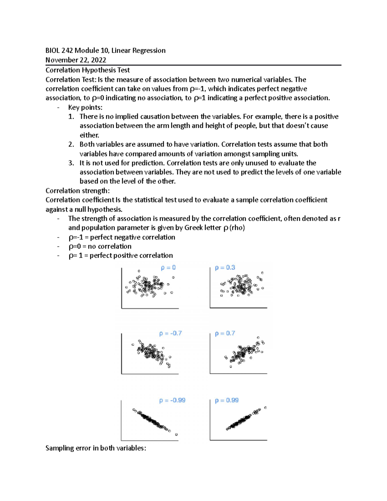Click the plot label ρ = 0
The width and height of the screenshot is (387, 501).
click(168, 267)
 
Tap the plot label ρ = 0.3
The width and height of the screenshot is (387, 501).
click(225, 268)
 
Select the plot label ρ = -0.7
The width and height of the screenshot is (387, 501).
click(171, 333)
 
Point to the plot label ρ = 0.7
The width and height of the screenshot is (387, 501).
click(225, 333)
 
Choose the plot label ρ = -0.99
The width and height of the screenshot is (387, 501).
click(172, 400)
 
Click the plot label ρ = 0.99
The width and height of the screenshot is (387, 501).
click(227, 400)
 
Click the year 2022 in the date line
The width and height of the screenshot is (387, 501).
click(98, 60)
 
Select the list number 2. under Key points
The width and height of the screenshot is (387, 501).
click(71, 145)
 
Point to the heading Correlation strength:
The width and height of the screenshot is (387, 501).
click(77, 191)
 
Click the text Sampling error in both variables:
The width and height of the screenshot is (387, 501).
click(96, 448)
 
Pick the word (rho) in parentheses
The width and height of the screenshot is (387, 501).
click(237, 228)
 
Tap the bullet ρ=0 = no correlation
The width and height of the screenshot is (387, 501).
click(100, 246)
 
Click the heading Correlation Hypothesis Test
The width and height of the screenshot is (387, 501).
click(88, 70)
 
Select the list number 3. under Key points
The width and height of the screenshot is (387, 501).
click(71, 163)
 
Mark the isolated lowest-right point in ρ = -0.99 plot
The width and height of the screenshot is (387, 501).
click(176, 435)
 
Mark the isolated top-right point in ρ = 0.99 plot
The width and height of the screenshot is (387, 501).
click(266, 408)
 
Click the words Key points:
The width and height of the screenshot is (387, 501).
click(85, 107)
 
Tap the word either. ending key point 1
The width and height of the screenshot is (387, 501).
click(89, 135)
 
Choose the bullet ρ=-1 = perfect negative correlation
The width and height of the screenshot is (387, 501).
click(122, 237)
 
